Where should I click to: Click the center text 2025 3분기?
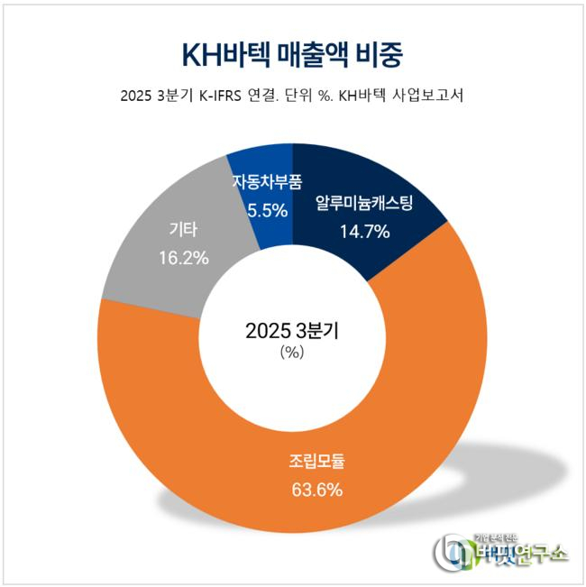tap(292, 330)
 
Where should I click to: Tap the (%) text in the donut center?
tap(292, 353)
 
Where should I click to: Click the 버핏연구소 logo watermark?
tap(500, 550)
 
